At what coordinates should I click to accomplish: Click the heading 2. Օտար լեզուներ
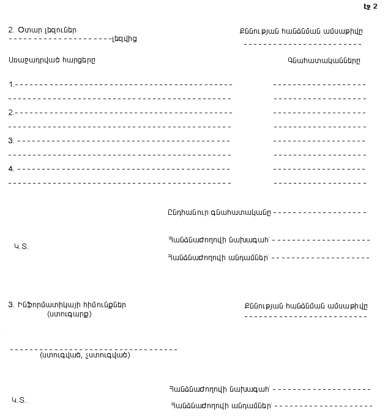[x=43, y=30]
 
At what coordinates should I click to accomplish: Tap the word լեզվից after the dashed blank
[x=124, y=39]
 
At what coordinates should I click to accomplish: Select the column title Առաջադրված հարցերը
[x=52, y=61]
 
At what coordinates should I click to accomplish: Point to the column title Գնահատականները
[x=324, y=61]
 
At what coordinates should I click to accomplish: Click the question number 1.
[x=12, y=84]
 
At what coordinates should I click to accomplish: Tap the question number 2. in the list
[x=12, y=113]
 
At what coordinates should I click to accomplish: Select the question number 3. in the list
[x=12, y=141]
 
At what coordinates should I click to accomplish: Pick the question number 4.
[x=12, y=169]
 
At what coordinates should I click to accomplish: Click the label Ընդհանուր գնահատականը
[x=218, y=212]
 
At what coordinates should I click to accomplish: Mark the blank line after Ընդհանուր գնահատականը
[x=319, y=213]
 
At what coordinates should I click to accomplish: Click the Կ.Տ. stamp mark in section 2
[x=21, y=247]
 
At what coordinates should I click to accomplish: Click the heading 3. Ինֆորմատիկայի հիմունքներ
[x=68, y=305]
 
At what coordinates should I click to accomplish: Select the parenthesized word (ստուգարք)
[x=69, y=315]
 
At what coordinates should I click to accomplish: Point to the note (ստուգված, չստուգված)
[x=85, y=355]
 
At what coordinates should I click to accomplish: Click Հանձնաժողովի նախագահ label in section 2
[x=218, y=239]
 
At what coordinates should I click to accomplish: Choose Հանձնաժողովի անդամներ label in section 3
[x=220, y=405]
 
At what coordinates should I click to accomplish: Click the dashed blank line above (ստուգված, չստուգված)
[x=94, y=349]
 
